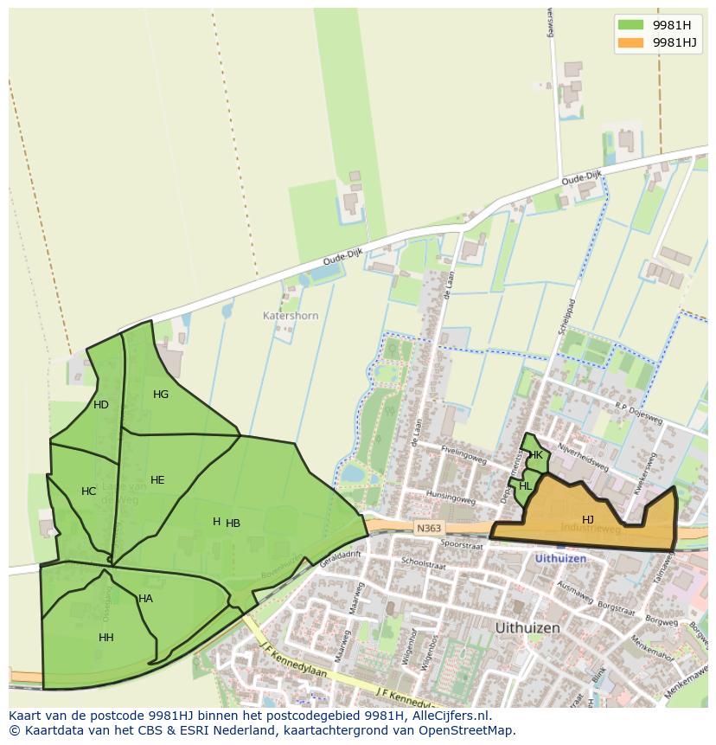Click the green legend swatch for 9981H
tap(631, 24)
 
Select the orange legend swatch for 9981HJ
tap(631, 42)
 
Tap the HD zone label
tap(101, 405)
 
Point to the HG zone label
tap(161, 395)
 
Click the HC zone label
tap(89, 491)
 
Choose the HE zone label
tap(157, 480)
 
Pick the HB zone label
tap(233, 523)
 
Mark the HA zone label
tap(145, 599)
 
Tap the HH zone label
tap(106, 638)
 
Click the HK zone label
tap(536, 455)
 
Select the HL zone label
tap(526, 486)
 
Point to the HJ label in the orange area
tap(588, 520)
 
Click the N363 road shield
tap(428, 528)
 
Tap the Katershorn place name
tap(291, 316)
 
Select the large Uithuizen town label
tap(527, 627)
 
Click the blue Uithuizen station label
tap(560, 559)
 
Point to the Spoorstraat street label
tap(460, 546)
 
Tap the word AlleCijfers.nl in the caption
tap(449, 716)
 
